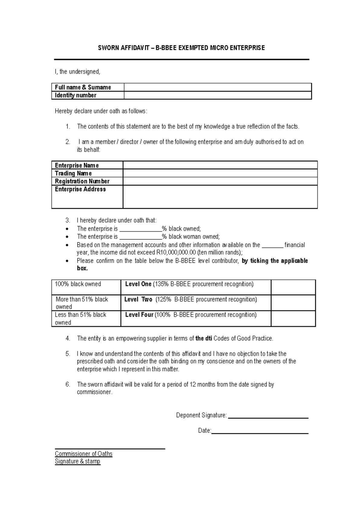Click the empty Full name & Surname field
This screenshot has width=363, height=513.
[x=217, y=87]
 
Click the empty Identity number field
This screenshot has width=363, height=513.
[x=217, y=95]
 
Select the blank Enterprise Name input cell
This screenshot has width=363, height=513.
[x=220, y=165]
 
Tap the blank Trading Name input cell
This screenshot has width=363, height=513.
[x=220, y=173]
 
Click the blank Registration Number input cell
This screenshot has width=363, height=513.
[x=220, y=181]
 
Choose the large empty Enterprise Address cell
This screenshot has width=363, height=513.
[x=220, y=197]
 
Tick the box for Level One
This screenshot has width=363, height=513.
[x=293, y=287]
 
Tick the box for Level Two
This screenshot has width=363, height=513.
[x=293, y=303]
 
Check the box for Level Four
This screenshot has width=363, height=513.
[x=293, y=319]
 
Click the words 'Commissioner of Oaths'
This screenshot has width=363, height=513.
[x=83, y=454]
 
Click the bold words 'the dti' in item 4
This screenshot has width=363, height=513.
[x=204, y=339]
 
